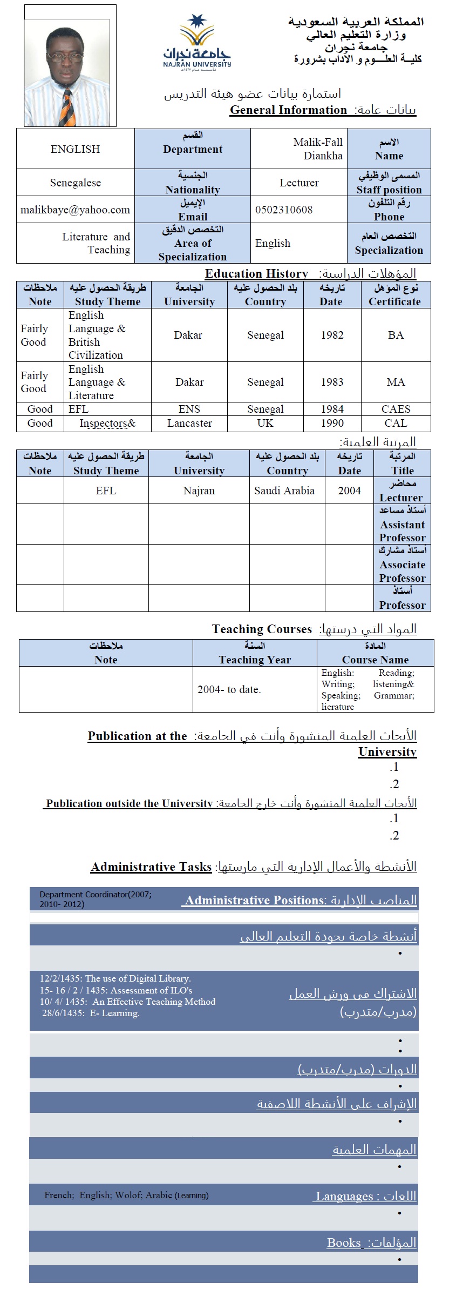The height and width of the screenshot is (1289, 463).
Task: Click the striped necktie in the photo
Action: coord(67,108)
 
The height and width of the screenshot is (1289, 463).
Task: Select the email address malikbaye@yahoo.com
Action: coord(75,210)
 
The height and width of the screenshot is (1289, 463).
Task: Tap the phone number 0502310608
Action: coord(284,210)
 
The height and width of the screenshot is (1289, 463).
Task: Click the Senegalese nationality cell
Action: coord(75,183)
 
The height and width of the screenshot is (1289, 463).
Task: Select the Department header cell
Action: coord(193,149)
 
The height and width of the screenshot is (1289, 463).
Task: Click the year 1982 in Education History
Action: coord(332,335)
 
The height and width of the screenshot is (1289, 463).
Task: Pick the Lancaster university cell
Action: coord(189,423)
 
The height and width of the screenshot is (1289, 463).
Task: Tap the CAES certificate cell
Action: coord(396,409)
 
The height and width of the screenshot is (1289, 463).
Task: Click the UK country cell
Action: coord(265,423)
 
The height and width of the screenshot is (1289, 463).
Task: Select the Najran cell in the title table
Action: coord(199,491)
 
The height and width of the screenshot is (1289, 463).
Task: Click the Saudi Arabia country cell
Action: coord(284,491)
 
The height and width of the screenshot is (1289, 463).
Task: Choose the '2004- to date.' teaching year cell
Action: coord(229,689)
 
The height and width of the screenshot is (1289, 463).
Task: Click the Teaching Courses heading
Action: coord(262,629)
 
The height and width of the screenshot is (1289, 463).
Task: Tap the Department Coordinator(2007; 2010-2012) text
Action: coord(96,899)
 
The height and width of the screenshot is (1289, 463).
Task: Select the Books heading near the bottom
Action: coord(371,1243)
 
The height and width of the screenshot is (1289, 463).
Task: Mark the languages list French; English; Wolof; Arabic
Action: coord(126,1195)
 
